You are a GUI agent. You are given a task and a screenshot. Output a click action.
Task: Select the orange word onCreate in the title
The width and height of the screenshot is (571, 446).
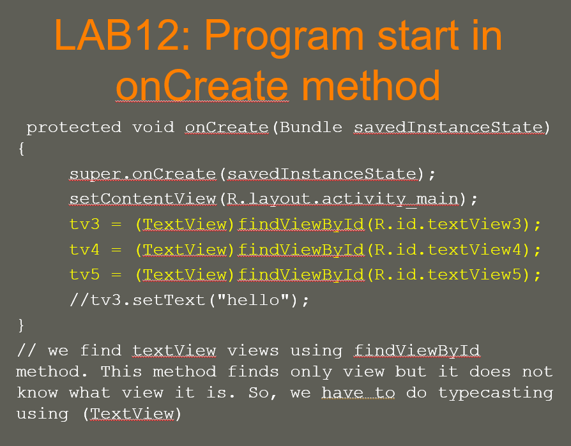[202, 85]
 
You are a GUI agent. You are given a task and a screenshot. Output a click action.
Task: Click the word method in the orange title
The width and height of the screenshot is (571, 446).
[372, 85]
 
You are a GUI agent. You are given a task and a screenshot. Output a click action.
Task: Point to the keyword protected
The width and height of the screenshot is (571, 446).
[73, 128]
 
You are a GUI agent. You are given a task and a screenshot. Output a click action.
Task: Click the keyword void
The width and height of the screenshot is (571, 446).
[153, 128]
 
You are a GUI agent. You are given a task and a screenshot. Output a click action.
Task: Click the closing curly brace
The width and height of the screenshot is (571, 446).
[21, 325]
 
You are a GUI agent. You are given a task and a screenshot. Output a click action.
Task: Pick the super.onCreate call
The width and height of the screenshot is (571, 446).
[143, 174]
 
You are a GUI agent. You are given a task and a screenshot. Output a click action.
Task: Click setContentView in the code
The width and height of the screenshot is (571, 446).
[143, 199]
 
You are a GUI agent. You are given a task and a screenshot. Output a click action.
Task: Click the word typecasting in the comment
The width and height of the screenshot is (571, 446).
[496, 392]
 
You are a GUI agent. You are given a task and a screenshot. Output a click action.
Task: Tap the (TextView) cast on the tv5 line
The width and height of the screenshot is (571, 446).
[185, 275]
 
